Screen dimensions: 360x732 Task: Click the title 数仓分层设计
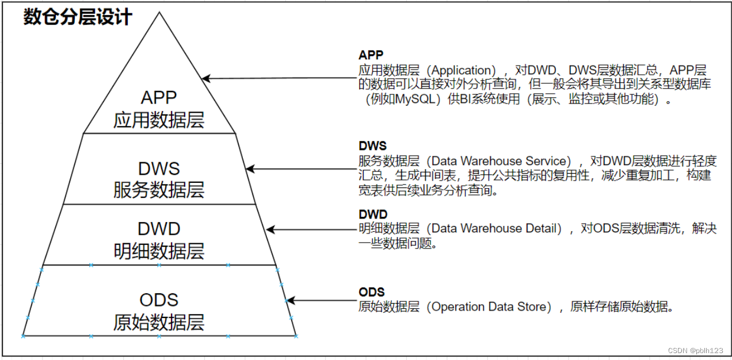coord(78,17)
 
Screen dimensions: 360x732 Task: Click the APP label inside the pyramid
coord(159,97)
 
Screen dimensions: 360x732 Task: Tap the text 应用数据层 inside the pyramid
coord(159,120)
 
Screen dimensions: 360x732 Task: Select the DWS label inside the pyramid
coord(159,168)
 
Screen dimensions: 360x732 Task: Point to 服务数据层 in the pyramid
coord(159,190)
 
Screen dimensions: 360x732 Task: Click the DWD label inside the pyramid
coord(159,229)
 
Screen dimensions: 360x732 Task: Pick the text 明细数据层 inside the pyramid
coord(159,251)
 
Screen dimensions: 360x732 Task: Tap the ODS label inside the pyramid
coord(159,300)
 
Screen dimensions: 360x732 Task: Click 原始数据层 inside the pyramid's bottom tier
coord(159,322)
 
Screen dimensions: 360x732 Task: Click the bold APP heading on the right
coord(371,55)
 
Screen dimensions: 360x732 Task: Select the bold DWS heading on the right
coord(372,146)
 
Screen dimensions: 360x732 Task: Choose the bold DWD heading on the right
coord(373,215)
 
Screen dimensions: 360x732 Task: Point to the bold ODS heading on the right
coord(371,292)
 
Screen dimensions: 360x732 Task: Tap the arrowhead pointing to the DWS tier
coord(250,168)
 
